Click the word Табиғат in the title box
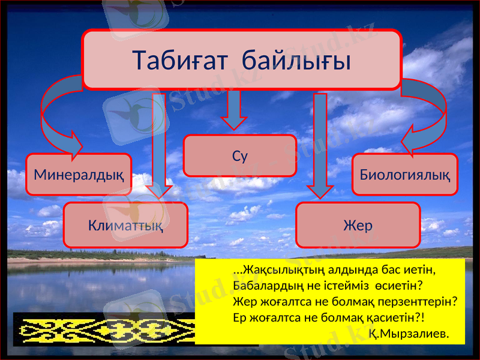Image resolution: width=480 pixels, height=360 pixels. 178,60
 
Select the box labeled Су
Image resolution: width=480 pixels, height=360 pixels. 239,155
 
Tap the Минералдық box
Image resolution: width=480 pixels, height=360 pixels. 79,175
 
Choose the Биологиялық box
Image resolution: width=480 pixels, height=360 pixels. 404,175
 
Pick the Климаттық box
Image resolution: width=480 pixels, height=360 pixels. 125,226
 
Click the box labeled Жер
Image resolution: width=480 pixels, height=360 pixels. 358,226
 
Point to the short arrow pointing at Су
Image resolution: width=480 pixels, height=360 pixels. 234,110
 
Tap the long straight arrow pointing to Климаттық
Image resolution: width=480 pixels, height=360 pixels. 159,144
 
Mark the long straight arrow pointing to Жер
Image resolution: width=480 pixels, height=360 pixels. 320,144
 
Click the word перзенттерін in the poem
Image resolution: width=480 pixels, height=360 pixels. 422,301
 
